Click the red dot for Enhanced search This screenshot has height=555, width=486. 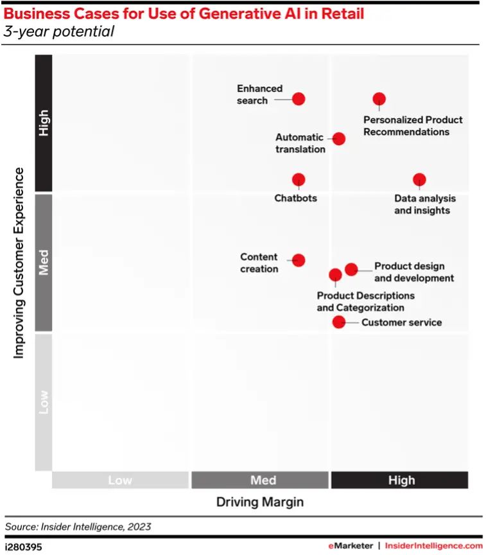[x=299, y=99]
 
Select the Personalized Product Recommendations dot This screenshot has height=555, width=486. [x=379, y=99]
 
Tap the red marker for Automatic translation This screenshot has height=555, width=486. [x=339, y=139]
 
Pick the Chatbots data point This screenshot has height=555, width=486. [x=299, y=180]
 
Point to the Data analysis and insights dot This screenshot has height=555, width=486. [x=419, y=180]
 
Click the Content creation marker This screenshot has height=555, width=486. [x=299, y=260]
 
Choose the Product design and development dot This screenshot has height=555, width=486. [x=351, y=269]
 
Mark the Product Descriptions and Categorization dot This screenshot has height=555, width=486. [x=335, y=275]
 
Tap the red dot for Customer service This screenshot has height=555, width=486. [x=338, y=322]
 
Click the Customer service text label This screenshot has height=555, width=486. [x=401, y=322]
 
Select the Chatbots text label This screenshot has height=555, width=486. [x=296, y=198]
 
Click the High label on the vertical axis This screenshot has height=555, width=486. [x=44, y=123]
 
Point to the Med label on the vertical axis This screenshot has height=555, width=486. [x=44, y=263]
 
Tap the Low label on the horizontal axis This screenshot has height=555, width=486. [x=120, y=480]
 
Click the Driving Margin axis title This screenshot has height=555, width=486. [x=260, y=502]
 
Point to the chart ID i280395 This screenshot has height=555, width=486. [x=24, y=545]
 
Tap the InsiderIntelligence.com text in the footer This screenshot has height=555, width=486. [x=433, y=545]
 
